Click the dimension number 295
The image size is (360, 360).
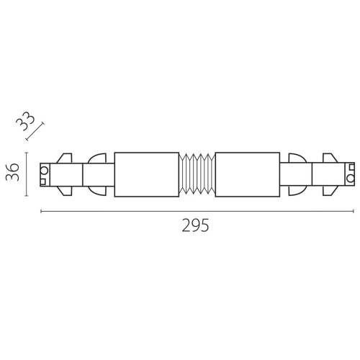[x=195, y=225]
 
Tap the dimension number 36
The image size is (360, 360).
[x=12, y=172]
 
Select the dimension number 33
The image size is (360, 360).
[x=25, y=122]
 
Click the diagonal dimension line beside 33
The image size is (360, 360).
[x=35, y=131]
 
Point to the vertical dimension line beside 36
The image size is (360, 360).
[x=27, y=174]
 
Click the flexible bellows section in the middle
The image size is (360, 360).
[x=197, y=174]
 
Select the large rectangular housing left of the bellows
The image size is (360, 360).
[x=147, y=174]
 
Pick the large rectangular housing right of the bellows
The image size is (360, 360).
[x=248, y=174]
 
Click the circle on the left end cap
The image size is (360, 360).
[x=45, y=171]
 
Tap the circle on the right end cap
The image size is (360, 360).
[x=350, y=179]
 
